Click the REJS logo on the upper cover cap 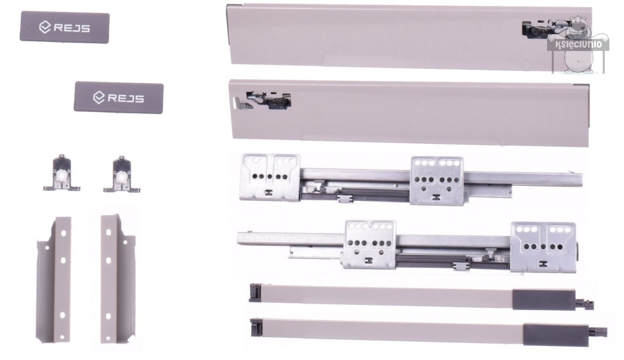(x=64, y=28)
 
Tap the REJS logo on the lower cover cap (x=119, y=98)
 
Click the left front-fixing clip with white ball (x=62, y=173)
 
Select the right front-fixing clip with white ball (x=122, y=174)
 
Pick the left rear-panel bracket (x=54, y=280)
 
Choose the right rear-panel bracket (x=118, y=279)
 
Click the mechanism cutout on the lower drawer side (x=269, y=100)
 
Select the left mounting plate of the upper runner (x=270, y=177)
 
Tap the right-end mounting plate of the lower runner (x=543, y=247)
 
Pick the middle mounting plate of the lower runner (x=369, y=245)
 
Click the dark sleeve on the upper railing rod (x=543, y=299)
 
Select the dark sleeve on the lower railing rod (x=555, y=335)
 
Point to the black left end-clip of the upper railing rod (x=255, y=293)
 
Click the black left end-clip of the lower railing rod (x=256, y=327)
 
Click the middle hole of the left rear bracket (x=63, y=261)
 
